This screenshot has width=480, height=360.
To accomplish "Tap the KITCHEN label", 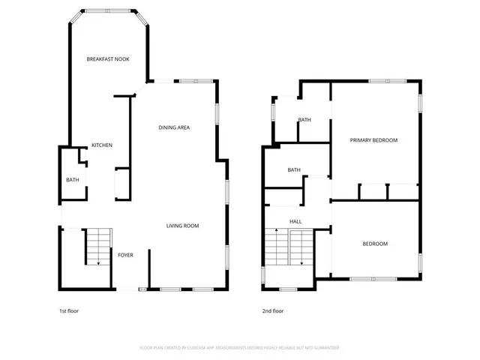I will tap(102, 145).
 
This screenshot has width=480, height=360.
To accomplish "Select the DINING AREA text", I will tap(173, 127).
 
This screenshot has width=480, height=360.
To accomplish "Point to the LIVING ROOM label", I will tap(182, 226).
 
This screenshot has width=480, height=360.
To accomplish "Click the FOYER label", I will tap(125, 255).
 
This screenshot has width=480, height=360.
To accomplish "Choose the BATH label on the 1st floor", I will tap(73, 180).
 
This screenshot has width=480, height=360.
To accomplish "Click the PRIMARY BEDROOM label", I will tap(373, 140).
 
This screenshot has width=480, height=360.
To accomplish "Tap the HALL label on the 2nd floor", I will tap(295, 222).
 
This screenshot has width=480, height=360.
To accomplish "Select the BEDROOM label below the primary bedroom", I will tap(375, 244).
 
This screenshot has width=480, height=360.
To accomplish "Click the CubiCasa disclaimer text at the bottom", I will tap(239, 348).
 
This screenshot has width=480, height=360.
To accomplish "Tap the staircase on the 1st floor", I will tap(97, 247).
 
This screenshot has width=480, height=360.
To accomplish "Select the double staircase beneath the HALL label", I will tap(289, 250).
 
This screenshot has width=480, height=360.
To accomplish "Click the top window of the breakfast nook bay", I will tap(107, 11).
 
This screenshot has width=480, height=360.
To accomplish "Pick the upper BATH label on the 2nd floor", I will tap(304, 120).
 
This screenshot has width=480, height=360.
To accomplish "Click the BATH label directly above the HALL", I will tap(294, 170).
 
